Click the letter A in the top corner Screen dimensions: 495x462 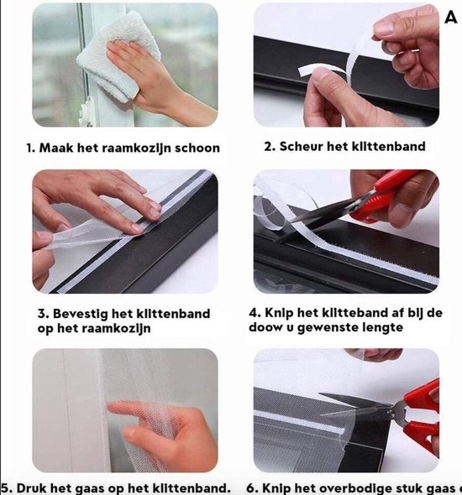450,17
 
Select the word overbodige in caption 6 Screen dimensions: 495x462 344,487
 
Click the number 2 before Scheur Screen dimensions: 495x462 269,146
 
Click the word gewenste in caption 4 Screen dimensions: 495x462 333,327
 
